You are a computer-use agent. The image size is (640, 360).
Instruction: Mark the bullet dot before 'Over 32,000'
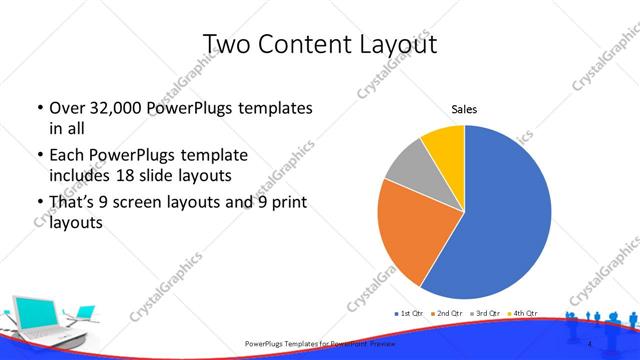[37, 108]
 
